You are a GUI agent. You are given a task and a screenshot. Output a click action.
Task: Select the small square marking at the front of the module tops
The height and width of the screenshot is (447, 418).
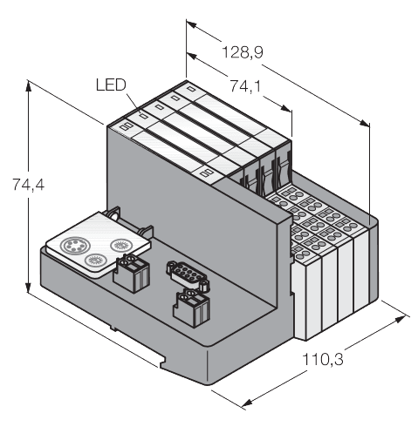point(207,173)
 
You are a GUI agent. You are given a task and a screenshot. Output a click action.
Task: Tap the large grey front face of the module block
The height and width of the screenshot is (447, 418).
point(166,200)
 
